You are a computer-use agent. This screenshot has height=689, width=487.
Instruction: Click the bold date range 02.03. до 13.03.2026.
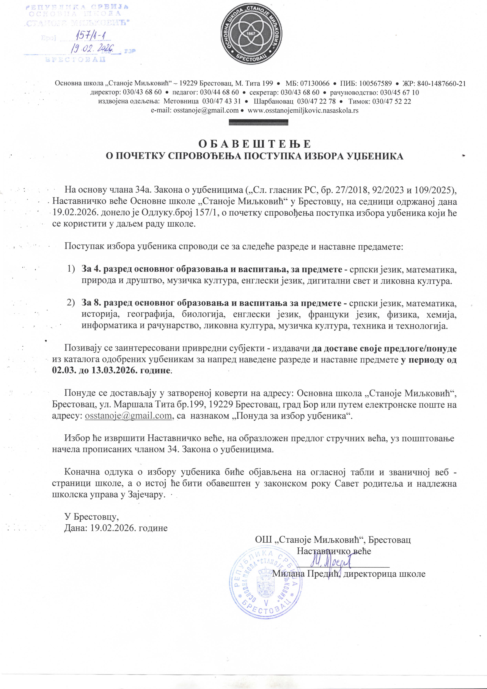point(112,370)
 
